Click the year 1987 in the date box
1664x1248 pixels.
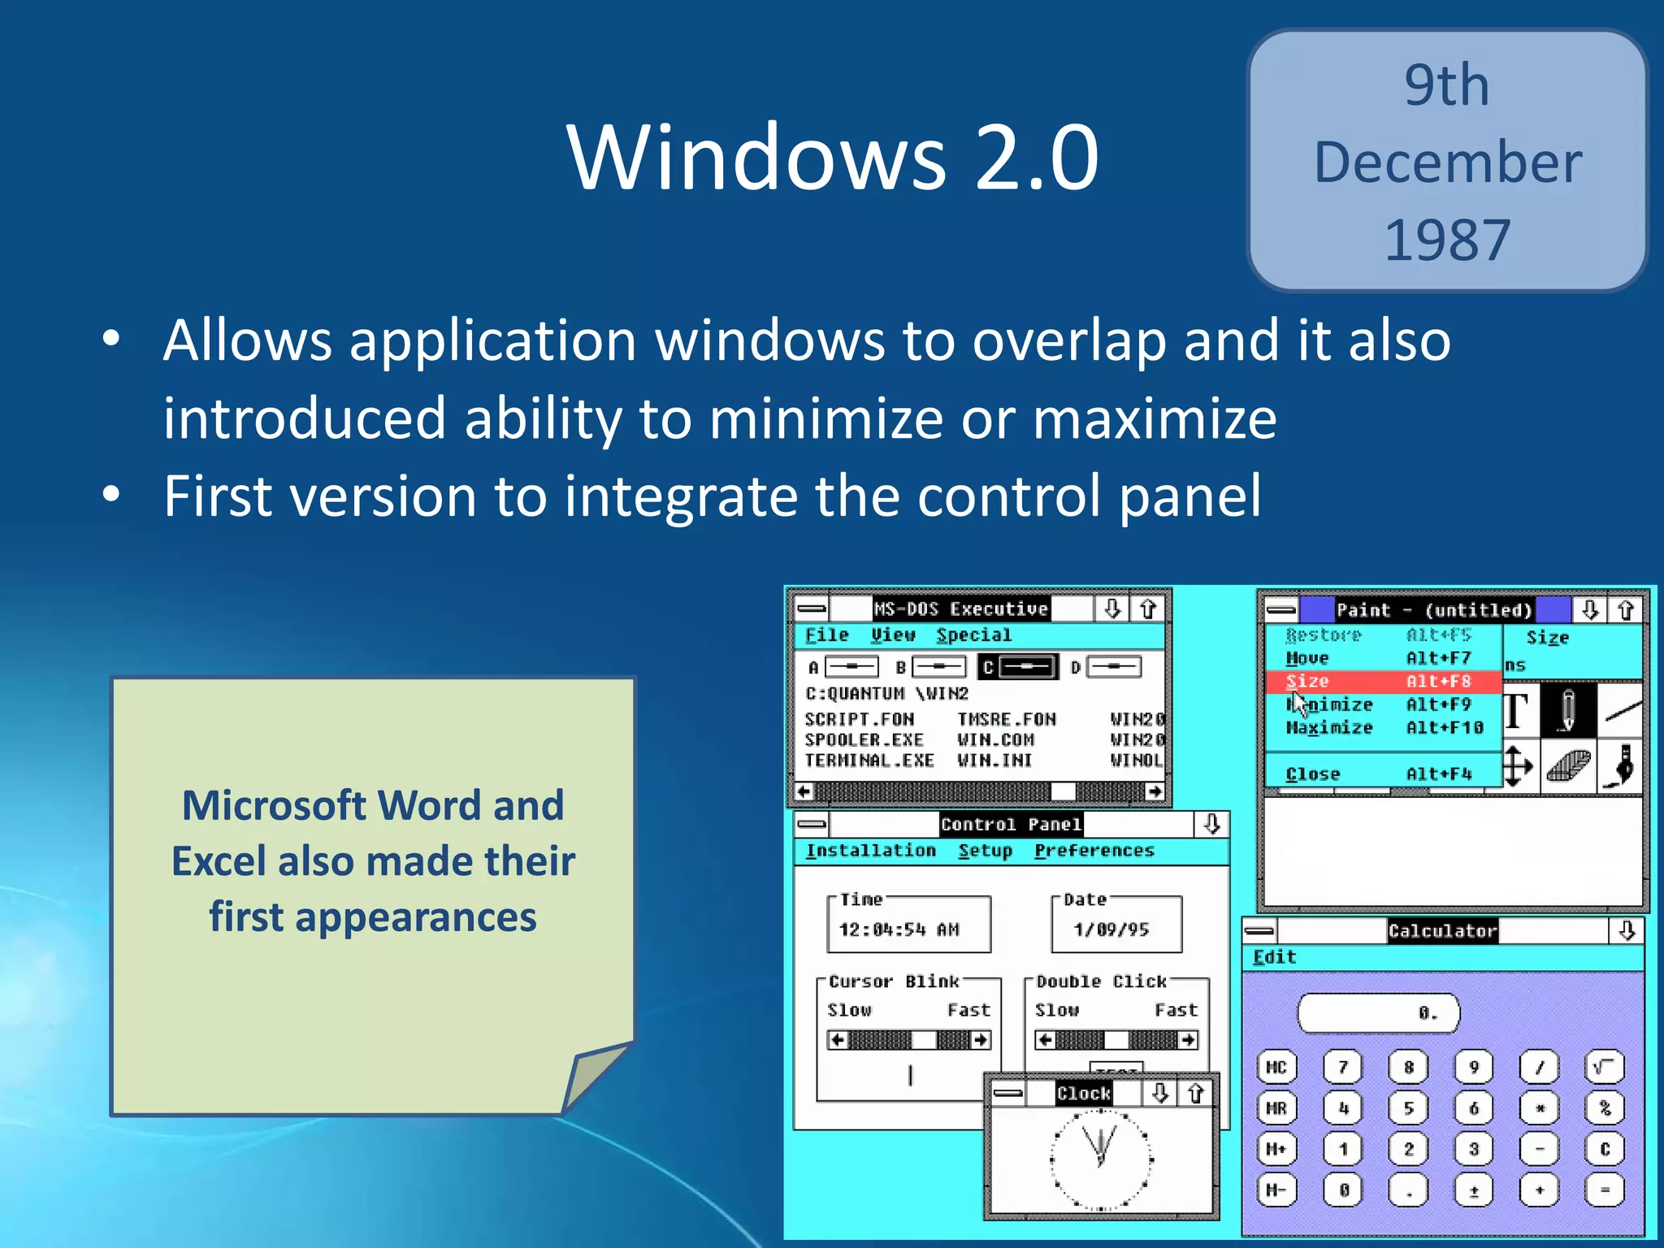click(1447, 240)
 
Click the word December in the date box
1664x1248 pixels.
click(1447, 162)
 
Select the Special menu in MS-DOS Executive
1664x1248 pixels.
click(973, 635)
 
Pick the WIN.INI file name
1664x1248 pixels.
click(994, 760)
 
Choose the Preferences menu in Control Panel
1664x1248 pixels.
click(1094, 851)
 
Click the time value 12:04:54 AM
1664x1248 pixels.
click(899, 929)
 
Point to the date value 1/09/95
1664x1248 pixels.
click(1111, 929)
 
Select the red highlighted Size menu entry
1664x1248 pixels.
click(1381, 682)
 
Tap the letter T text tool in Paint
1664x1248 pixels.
click(1515, 711)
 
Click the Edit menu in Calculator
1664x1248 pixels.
click(1274, 957)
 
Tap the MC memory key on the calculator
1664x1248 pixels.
click(1276, 1067)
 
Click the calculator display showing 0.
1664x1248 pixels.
click(1379, 1013)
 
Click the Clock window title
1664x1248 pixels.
click(1083, 1094)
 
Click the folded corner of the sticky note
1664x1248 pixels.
click(596, 1077)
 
